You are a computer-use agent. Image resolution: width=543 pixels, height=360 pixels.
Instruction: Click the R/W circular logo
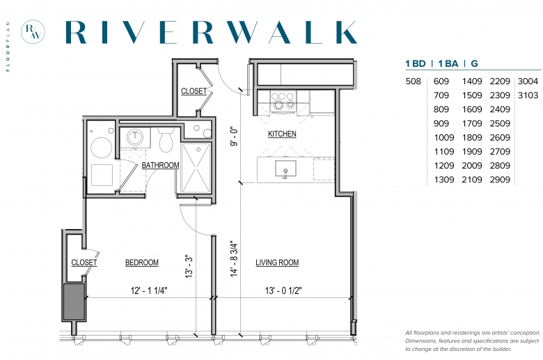(x=33, y=31)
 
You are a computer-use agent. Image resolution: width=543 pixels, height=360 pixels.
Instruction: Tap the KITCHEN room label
(x=282, y=134)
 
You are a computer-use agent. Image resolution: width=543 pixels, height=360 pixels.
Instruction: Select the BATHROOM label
(x=160, y=165)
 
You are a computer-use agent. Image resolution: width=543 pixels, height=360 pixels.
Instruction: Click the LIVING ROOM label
(x=277, y=263)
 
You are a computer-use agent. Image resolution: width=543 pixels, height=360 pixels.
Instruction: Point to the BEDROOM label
(x=141, y=263)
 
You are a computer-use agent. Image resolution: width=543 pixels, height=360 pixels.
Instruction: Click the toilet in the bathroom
(x=166, y=140)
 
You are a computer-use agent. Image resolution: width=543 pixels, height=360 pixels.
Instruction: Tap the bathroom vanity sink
(x=135, y=138)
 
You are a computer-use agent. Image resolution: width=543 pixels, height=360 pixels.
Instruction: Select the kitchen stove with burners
(x=283, y=100)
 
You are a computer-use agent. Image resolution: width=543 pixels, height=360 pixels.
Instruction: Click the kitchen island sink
(x=285, y=169)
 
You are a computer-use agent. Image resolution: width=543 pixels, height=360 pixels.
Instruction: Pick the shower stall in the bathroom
(x=196, y=168)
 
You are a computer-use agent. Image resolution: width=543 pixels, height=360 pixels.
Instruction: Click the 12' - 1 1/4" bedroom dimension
(x=149, y=290)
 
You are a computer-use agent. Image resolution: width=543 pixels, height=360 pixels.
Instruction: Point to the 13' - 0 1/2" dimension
(x=283, y=290)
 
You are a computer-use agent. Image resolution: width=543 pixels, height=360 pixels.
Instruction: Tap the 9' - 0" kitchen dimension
(x=235, y=136)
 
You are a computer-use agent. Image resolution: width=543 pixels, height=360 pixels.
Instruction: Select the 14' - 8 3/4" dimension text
(x=235, y=259)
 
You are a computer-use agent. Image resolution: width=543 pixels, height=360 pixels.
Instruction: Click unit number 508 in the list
(x=413, y=81)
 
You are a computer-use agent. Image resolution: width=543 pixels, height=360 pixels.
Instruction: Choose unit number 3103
(x=528, y=95)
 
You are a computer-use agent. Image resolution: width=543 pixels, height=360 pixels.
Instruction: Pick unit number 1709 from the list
(x=472, y=123)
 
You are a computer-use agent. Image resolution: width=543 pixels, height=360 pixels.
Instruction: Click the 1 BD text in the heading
(x=416, y=64)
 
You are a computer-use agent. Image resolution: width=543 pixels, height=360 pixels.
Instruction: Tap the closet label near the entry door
(x=194, y=91)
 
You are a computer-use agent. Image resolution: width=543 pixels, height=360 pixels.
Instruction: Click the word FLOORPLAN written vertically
(x=8, y=47)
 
